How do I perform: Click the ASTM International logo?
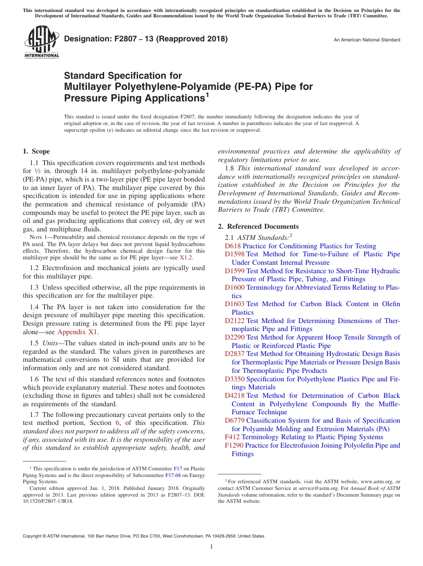(x=41, y=42)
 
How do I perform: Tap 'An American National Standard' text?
(x=367, y=40)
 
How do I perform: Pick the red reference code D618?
(x=232, y=246)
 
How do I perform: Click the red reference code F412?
(x=232, y=437)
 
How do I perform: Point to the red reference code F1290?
(x=234, y=445)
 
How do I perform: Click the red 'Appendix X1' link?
(x=77, y=332)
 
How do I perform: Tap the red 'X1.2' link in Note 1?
(x=186, y=258)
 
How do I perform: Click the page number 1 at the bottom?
(x=211, y=547)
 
